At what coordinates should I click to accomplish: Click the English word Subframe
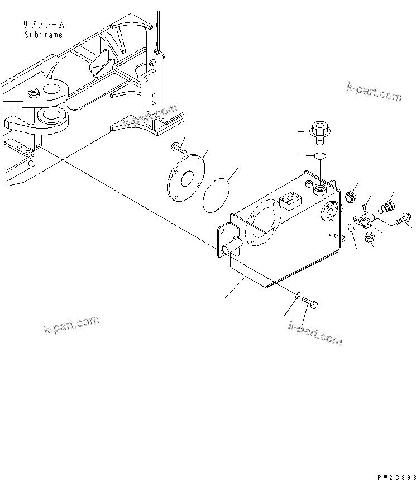[x=44, y=35]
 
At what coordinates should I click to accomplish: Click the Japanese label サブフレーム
[x=44, y=25]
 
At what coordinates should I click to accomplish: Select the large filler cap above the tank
[x=321, y=132]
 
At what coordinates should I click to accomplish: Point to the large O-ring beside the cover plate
[x=218, y=195]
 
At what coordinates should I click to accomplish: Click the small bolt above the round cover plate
[x=176, y=148]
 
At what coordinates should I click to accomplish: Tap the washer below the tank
[x=298, y=294]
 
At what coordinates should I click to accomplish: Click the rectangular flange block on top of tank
[x=290, y=200]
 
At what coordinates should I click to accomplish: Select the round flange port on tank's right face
[x=327, y=212]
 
